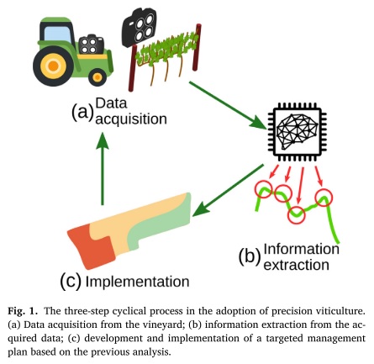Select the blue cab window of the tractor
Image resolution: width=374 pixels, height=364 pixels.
point(60,32)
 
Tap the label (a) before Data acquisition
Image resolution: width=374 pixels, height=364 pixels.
point(82,111)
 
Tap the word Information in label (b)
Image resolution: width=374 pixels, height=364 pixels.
point(301,249)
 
